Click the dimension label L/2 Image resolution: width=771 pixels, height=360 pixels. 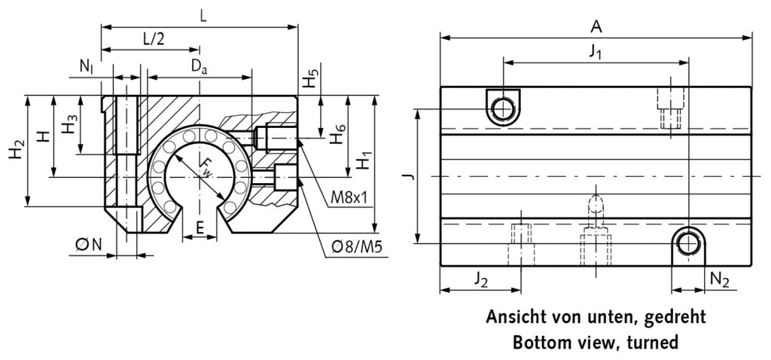[152, 38]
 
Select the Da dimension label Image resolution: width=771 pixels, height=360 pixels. [199, 66]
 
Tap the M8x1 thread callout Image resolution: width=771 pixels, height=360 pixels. [349, 198]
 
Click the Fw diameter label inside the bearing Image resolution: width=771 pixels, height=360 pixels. [204, 166]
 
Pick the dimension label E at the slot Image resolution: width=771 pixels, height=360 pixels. [199, 226]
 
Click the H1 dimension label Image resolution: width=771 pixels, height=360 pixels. [364, 161]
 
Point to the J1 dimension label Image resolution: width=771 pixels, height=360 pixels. [596, 52]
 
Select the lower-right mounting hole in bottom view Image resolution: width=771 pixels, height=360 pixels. [688, 243]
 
